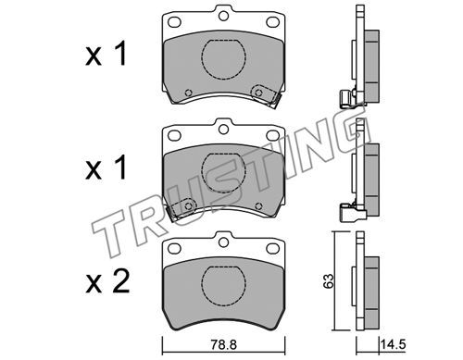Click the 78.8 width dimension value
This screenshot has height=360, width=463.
224,344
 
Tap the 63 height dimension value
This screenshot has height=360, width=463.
329,280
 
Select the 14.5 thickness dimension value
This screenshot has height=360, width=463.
393,344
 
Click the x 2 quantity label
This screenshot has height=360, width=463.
107,281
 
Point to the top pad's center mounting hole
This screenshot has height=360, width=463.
223,16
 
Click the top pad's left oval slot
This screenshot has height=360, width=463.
174,21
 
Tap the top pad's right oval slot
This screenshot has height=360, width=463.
272,21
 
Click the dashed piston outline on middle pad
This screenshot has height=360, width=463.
223,173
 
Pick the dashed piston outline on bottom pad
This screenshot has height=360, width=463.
223,285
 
